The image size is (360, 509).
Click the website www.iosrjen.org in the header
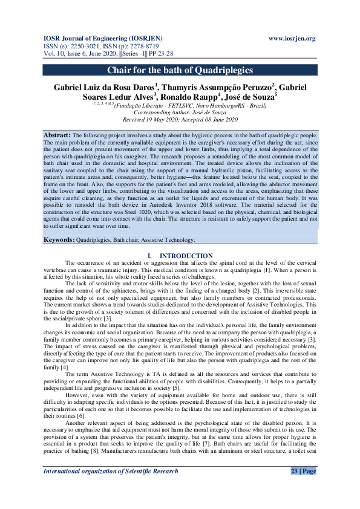[292, 38]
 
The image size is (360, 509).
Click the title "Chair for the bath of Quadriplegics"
[180, 70]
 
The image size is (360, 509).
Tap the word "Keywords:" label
[59, 240]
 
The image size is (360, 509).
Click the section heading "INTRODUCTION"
[186, 256]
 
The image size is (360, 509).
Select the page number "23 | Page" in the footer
[303, 488]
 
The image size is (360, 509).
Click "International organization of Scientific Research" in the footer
[111, 488]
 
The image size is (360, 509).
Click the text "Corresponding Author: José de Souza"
[180, 112]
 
